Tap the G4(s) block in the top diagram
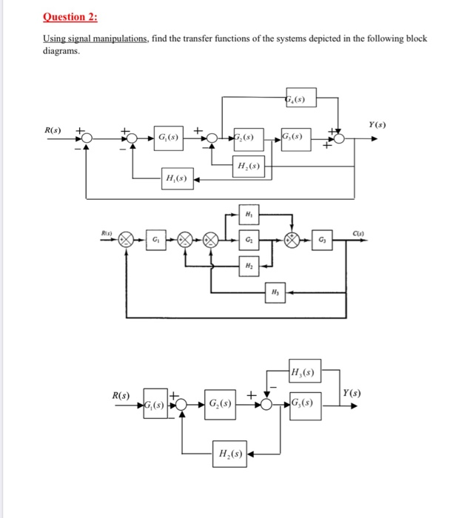pos(300,98)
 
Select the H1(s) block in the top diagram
pos(178,178)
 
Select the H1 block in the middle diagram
pos(248,216)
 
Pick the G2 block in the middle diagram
pos(248,240)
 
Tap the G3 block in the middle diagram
pos(321,240)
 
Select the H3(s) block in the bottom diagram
pos(304,371)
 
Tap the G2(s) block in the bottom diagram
pos(221,405)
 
